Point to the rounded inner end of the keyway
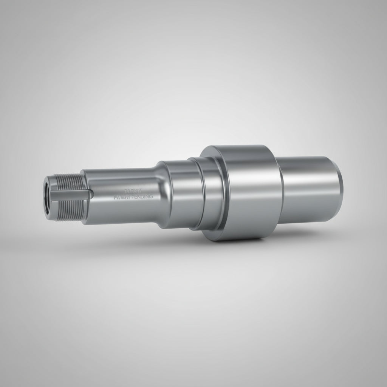(x=90, y=194)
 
